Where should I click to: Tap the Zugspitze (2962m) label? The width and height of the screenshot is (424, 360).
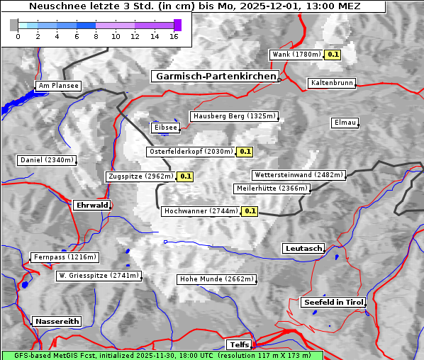click(140, 176)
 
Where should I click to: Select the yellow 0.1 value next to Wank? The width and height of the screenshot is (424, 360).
click(333, 55)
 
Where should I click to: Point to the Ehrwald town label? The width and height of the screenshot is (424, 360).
click(91, 205)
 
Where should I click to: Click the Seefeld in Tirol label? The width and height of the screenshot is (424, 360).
click(333, 302)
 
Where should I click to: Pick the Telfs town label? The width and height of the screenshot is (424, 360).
click(238, 344)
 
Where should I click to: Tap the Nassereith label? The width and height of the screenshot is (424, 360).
click(57, 321)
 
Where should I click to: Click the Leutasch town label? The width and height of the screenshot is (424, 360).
click(303, 248)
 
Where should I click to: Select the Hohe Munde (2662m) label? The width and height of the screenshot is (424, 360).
click(216, 279)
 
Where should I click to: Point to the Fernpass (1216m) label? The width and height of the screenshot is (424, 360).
click(65, 257)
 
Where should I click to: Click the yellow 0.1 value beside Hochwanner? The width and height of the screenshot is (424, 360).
click(250, 211)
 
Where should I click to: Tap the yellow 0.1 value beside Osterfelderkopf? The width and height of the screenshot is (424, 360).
click(245, 152)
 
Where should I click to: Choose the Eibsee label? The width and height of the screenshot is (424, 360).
click(164, 128)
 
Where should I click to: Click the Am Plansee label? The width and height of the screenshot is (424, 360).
click(57, 86)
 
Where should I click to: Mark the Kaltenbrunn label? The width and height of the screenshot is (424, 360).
click(331, 83)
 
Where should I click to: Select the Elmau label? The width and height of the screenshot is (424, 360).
click(345, 123)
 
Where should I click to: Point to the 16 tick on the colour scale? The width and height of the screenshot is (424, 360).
click(174, 36)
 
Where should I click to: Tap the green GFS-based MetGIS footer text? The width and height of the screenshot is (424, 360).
click(162, 355)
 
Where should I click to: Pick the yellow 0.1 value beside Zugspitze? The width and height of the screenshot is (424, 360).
click(185, 176)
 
